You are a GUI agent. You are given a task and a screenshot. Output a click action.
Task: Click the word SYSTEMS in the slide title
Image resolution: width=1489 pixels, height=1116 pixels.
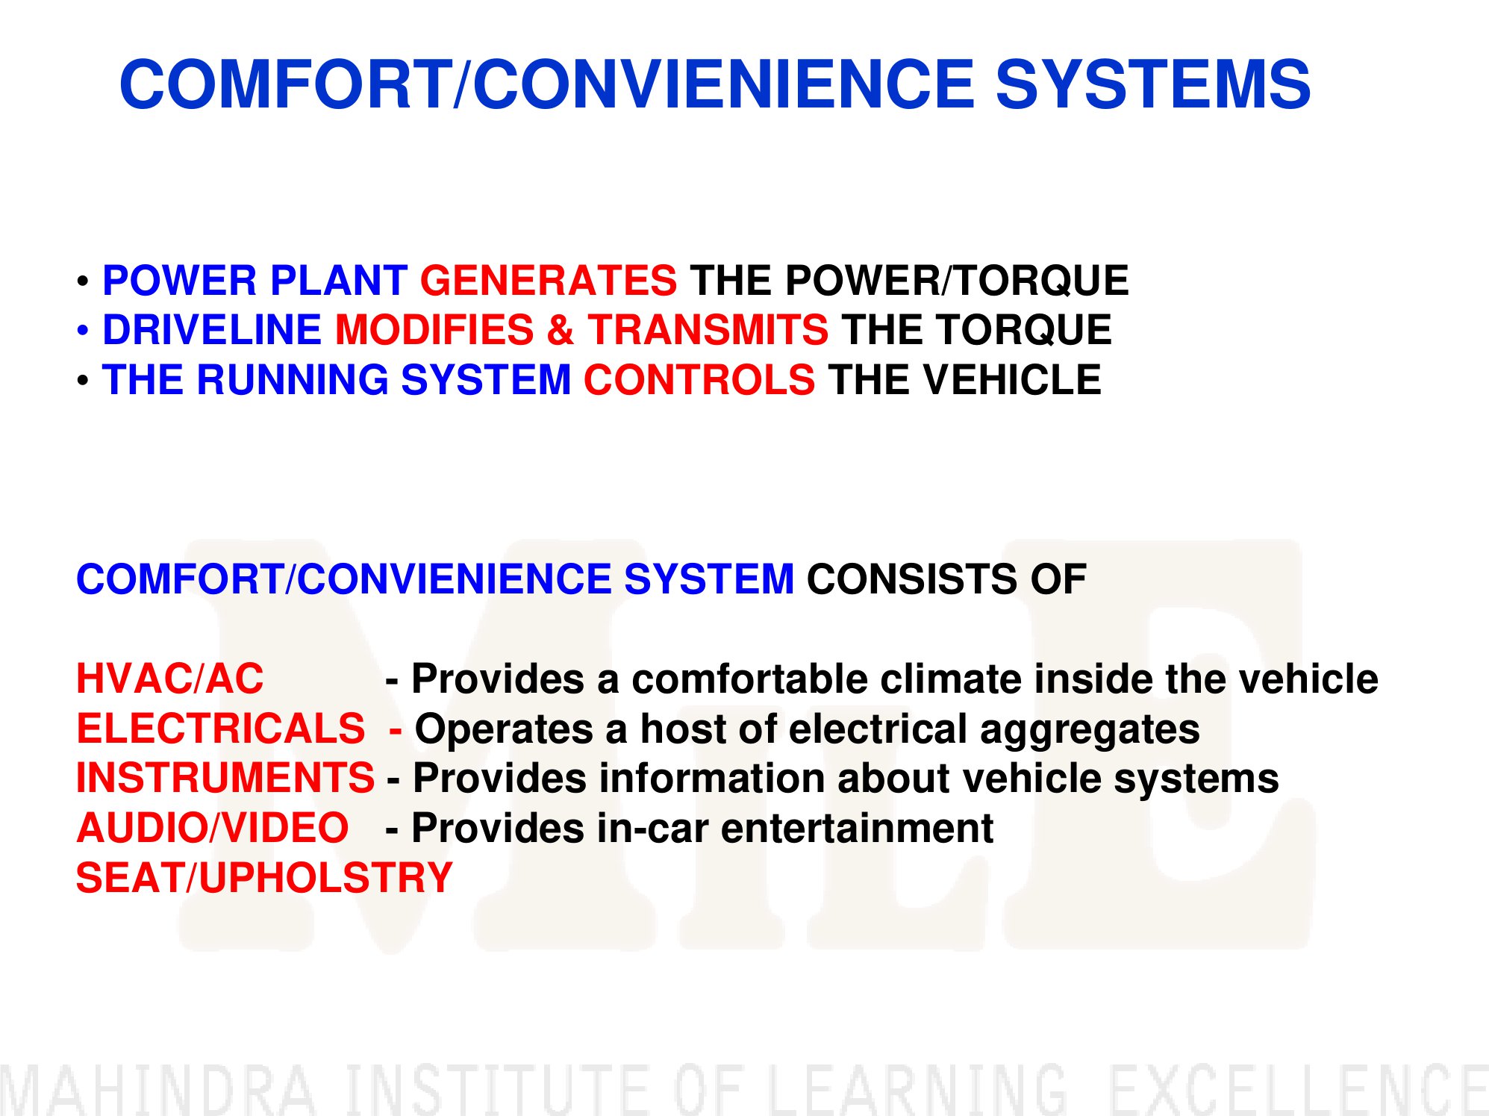[1153, 84]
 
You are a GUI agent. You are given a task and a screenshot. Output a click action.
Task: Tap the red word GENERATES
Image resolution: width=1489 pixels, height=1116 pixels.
[549, 281]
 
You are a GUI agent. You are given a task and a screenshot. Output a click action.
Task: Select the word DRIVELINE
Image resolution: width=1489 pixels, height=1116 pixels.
[212, 330]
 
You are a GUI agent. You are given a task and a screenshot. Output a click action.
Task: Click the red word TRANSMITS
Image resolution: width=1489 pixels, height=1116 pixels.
[708, 330]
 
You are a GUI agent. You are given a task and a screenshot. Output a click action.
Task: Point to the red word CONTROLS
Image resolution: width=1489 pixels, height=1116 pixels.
[699, 380]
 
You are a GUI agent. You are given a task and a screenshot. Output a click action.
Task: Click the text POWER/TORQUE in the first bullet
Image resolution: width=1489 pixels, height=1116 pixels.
[957, 281]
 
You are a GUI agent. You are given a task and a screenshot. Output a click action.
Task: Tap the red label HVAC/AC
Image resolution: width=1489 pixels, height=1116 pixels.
[170, 679]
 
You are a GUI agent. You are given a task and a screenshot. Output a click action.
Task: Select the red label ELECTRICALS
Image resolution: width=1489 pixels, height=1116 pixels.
[221, 729]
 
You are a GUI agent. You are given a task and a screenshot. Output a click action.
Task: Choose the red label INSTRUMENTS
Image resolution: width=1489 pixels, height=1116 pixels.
[225, 778]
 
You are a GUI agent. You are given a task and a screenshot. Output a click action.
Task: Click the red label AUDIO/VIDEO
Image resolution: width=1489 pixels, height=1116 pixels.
[213, 828]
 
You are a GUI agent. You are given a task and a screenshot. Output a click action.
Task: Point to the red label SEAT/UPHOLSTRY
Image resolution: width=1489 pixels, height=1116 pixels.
[265, 878]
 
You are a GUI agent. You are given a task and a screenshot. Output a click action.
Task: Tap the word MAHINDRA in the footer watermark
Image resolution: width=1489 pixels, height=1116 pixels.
[158, 1089]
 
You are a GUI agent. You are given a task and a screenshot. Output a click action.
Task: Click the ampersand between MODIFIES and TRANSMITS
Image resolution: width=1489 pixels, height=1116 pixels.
[560, 330]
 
